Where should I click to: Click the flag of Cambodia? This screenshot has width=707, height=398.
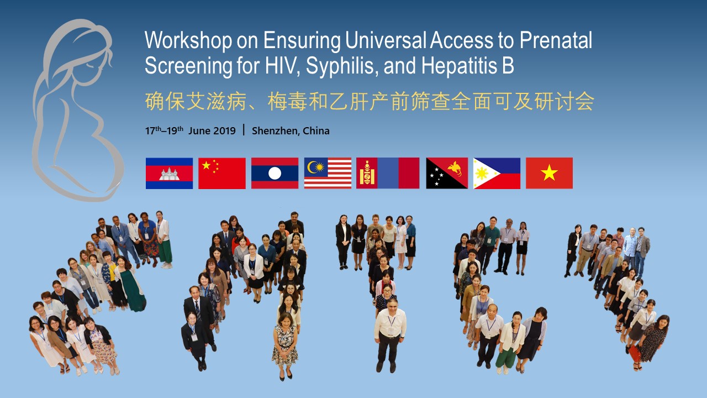point(169,174)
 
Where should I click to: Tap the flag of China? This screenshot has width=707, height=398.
point(222,174)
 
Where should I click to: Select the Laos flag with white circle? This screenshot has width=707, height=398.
point(275,174)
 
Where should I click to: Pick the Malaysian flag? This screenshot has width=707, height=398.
point(328,174)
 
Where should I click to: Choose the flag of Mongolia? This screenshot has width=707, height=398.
point(388,174)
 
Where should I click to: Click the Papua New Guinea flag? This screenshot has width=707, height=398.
point(447,174)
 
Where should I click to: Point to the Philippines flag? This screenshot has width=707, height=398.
point(497,174)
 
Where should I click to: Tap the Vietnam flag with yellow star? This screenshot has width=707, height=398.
point(549,174)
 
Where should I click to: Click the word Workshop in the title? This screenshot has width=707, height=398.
point(188,41)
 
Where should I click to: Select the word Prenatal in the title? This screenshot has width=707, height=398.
point(556,40)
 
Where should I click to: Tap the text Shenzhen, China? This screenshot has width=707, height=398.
point(291,131)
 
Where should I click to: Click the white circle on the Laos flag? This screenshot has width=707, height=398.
point(275,174)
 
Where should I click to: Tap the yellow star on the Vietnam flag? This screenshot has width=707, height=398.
point(549,173)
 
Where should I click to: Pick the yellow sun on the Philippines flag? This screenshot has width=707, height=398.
point(482,174)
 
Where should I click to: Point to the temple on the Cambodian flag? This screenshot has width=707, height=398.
point(169,174)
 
